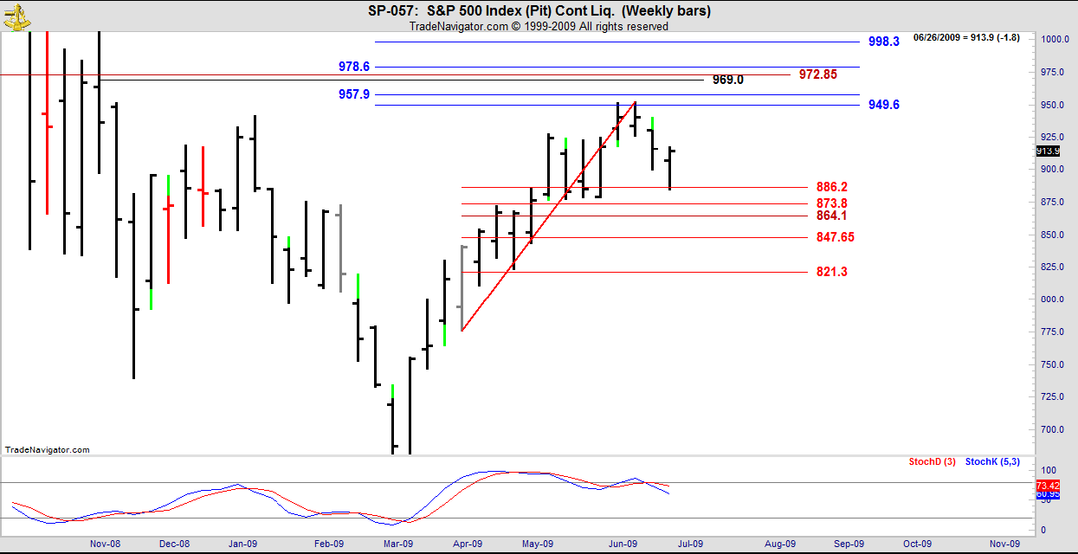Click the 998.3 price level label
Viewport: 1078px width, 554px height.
pyautogui.click(x=883, y=42)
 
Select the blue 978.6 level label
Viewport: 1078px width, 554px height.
pyautogui.click(x=354, y=67)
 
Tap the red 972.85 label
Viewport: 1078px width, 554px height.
pyautogui.click(x=817, y=74)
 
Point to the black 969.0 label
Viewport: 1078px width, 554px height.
pyautogui.click(x=727, y=80)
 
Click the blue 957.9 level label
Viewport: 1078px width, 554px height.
pyautogui.click(x=354, y=93)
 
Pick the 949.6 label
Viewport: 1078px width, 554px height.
pyautogui.click(x=883, y=105)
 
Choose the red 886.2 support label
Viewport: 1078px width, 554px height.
pyautogui.click(x=831, y=187)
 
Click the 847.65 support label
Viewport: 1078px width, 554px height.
pyautogui.click(x=835, y=237)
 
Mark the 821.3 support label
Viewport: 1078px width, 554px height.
pyautogui.click(x=831, y=272)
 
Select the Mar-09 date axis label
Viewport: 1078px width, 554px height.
pyautogui.click(x=397, y=544)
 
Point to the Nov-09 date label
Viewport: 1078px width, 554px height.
pyautogui.click(x=1003, y=544)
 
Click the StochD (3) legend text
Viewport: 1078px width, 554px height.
pyautogui.click(x=932, y=462)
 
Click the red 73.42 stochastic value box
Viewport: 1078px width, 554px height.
pyautogui.click(x=1048, y=486)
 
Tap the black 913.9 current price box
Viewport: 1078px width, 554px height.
pyautogui.click(x=1048, y=151)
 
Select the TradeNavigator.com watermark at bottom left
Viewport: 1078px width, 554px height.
pyautogui.click(x=47, y=450)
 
